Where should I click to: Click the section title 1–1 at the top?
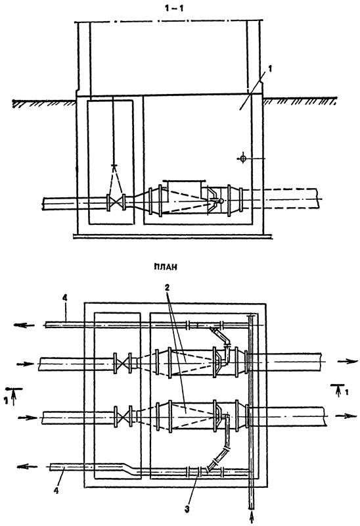174,9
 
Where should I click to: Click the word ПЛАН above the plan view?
166,267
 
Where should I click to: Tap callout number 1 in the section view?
270,69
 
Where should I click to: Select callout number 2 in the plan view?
167,287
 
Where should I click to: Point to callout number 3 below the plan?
187,509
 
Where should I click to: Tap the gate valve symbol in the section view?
116,203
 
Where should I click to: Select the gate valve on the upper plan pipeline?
122,363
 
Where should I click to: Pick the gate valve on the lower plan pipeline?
123,417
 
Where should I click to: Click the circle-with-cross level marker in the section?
243,158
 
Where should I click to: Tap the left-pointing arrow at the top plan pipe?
24,325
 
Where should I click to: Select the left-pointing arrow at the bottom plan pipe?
27,467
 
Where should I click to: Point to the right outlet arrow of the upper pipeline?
347,361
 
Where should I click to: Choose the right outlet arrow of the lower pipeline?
346,416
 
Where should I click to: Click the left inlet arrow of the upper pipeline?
25,364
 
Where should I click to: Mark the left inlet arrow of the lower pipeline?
28,418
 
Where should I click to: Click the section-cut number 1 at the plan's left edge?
6,400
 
